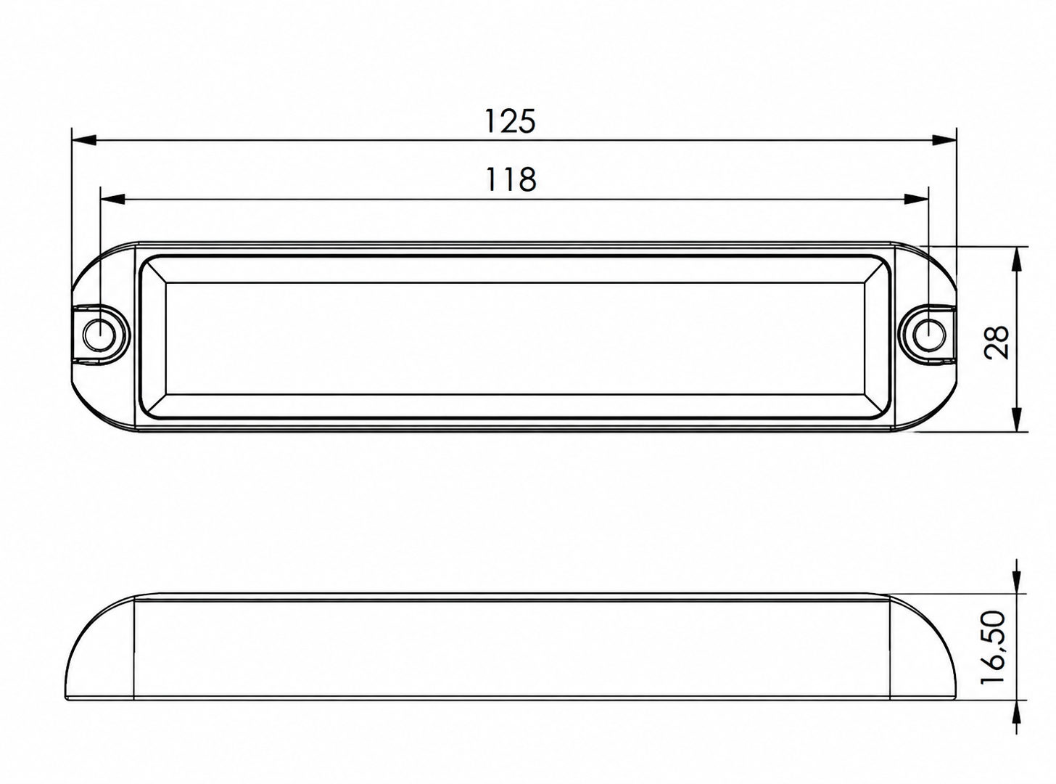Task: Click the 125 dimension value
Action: point(509,121)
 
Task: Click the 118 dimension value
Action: point(511,179)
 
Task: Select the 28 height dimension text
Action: point(996,342)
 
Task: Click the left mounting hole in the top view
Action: point(100,332)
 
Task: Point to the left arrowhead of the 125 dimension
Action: point(84,140)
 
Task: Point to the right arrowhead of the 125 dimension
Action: point(944,140)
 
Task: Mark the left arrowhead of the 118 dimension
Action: point(113,199)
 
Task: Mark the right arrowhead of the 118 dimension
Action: point(916,199)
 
